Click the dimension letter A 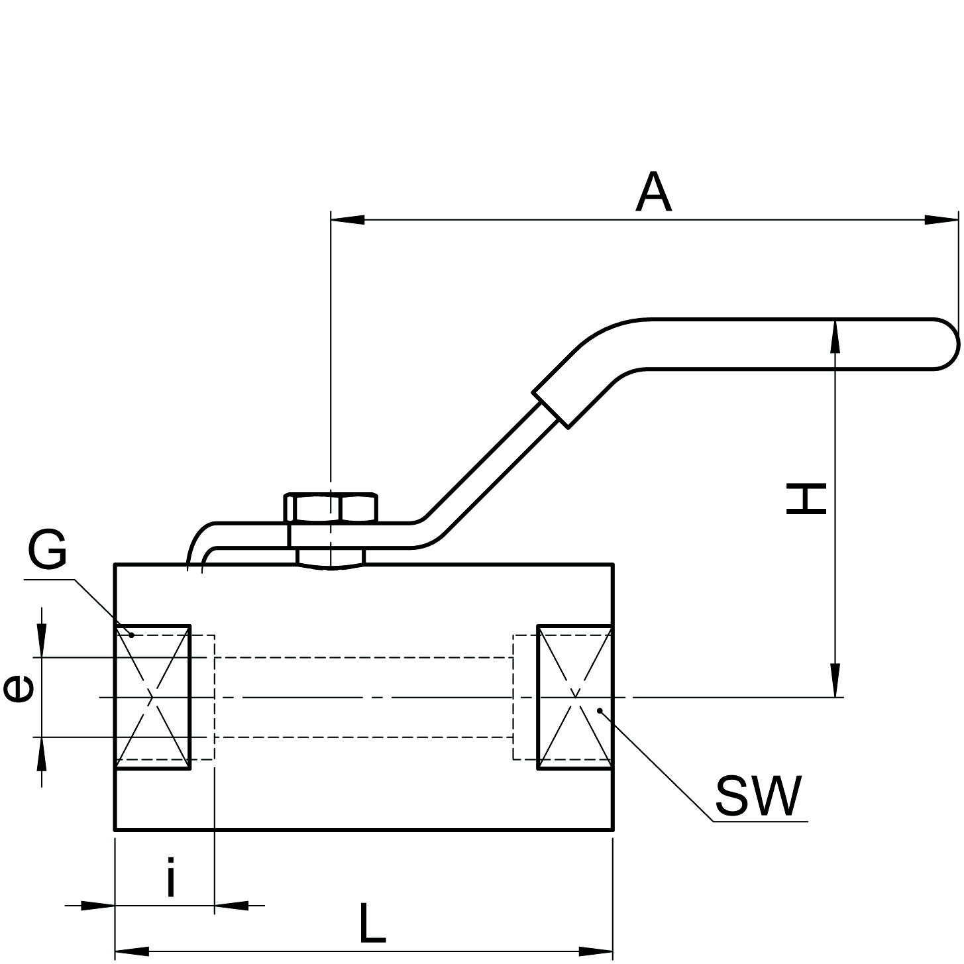pyautogui.click(x=653, y=193)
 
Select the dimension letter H pyautogui.click(x=806, y=499)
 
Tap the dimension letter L pyautogui.click(x=372, y=922)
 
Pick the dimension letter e pyautogui.click(x=19, y=690)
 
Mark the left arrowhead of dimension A pyautogui.click(x=346, y=219)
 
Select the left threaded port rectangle pyautogui.click(x=154, y=697)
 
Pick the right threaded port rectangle pyautogui.click(x=574, y=697)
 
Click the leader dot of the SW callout pyautogui.click(x=600, y=710)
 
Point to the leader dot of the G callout pyautogui.click(x=131, y=635)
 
